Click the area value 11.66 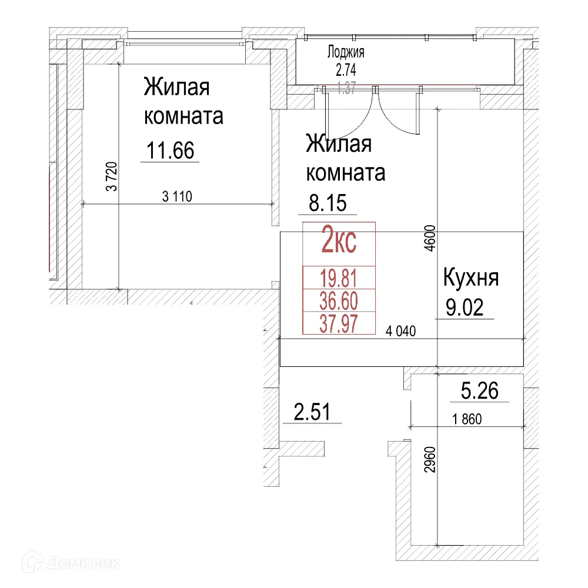point(170,151)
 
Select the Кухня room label point(470,278)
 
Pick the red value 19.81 point(339,277)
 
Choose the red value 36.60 point(339,301)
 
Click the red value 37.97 point(339,323)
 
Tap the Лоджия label point(346,52)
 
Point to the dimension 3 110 point(177,196)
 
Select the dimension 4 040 point(400,332)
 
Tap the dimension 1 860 point(467,420)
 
